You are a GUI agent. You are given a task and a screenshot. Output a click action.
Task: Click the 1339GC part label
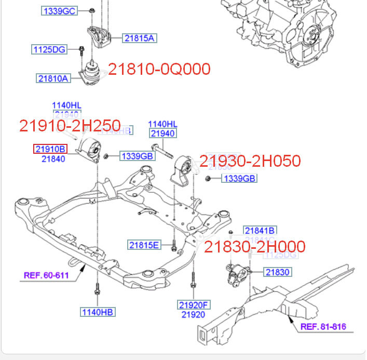(60, 11)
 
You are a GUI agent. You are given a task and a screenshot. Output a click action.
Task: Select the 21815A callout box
(139, 37)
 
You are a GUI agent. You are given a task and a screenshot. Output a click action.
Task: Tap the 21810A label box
(53, 78)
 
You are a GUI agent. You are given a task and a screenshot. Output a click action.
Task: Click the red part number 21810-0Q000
(159, 69)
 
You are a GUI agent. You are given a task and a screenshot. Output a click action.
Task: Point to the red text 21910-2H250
(70, 126)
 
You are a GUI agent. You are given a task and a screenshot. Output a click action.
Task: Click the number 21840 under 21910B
(53, 159)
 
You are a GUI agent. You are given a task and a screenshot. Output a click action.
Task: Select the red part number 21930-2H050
(250, 161)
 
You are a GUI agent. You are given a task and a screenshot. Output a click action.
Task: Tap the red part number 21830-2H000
(254, 247)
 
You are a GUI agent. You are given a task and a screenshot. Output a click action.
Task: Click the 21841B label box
(260, 230)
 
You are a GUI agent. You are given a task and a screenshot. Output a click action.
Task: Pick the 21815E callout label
(145, 245)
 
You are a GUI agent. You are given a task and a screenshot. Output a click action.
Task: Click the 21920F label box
(193, 305)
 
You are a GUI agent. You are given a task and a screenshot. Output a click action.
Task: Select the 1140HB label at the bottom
(97, 312)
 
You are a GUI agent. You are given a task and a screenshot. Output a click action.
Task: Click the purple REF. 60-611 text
(46, 275)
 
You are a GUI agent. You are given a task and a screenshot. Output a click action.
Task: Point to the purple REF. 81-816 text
(323, 327)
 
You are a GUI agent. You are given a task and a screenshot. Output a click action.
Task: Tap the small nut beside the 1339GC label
(91, 10)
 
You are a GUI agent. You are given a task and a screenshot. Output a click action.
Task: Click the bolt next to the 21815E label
(174, 244)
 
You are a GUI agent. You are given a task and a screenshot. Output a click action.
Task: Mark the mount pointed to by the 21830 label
(237, 274)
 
